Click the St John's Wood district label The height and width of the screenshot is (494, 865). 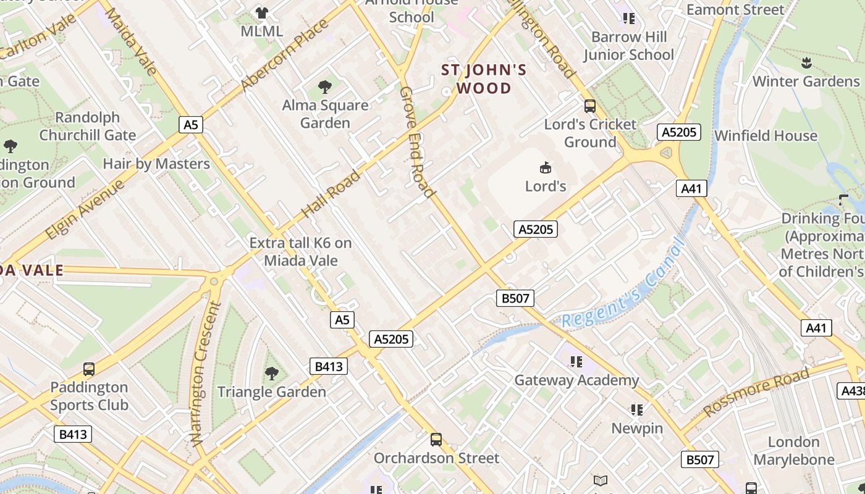point(484,79)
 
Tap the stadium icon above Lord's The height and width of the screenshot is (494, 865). point(546,167)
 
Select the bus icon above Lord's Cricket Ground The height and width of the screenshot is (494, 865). point(590,106)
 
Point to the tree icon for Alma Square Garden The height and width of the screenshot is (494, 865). point(325,87)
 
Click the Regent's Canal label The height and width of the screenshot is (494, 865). point(624,284)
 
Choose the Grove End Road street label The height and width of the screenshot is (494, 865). point(417,142)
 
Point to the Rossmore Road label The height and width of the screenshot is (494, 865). point(756,392)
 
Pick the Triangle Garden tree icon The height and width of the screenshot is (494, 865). point(271,374)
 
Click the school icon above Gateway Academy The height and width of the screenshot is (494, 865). point(576,362)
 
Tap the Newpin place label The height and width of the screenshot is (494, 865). point(637,428)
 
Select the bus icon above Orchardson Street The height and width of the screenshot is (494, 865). point(436,440)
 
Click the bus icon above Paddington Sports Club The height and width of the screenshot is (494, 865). point(89,369)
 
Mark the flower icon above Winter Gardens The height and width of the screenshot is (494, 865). point(806,62)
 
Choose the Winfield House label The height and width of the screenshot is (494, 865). point(766,136)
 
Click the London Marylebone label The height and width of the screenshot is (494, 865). point(793,451)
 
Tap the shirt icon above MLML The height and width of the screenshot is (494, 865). point(262,13)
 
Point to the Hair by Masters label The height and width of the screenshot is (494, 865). point(156,164)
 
